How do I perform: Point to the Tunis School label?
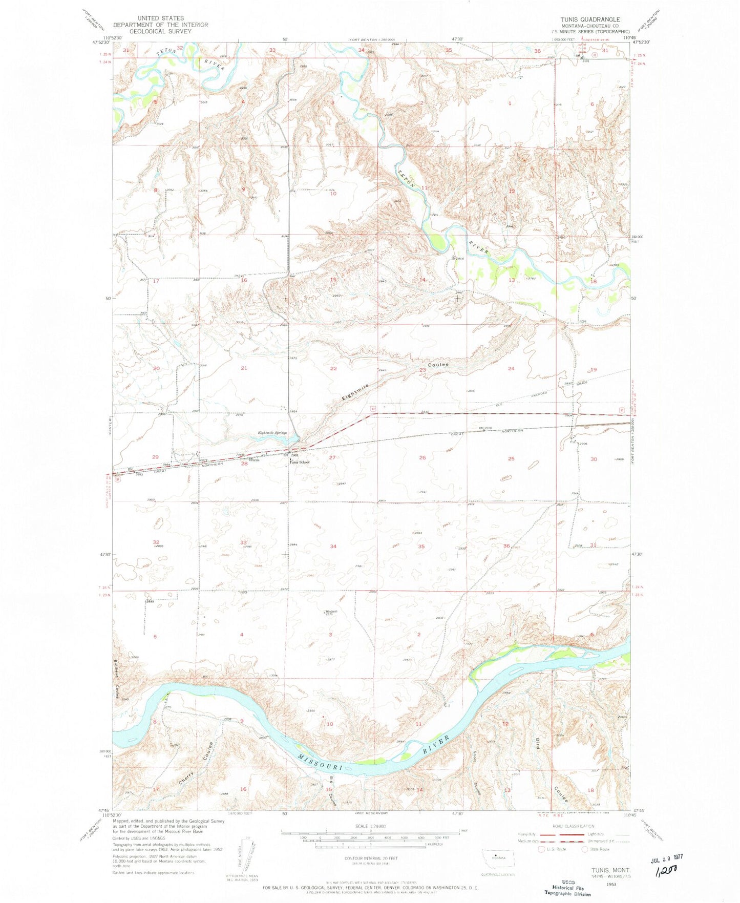click(299, 462)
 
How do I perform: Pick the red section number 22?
click(333, 368)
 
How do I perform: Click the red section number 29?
click(156, 456)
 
